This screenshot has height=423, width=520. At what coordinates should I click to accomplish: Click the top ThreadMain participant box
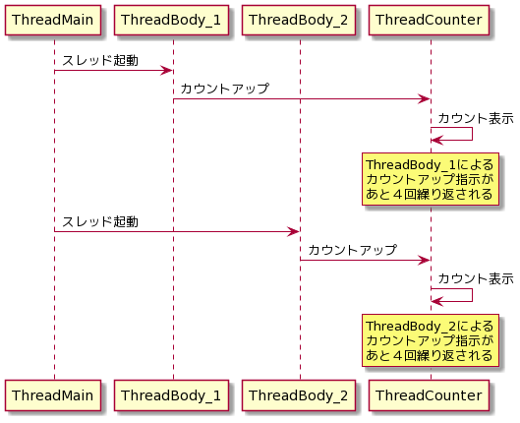click(53, 20)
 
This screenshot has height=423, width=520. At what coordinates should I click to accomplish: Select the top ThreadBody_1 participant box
click(171, 20)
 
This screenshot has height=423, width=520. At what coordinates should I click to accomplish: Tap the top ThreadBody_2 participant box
click(299, 20)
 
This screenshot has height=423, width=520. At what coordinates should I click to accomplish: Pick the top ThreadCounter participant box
click(429, 20)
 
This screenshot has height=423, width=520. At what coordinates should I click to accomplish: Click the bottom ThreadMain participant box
click(53, 395)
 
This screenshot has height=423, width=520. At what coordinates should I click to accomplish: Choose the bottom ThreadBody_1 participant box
click(171, 395)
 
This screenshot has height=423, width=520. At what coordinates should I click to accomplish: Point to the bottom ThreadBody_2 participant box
click(299, 395)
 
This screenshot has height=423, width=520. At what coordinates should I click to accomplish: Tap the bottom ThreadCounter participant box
click(429, 395)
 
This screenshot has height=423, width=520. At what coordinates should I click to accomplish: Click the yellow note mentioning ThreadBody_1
click(431, 179)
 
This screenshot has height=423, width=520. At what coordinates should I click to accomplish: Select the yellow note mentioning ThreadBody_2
click(431, 340)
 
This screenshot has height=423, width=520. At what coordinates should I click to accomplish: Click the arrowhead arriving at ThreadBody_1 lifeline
click(166, 70)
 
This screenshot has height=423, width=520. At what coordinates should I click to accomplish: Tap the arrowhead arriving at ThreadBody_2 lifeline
click(294, 231)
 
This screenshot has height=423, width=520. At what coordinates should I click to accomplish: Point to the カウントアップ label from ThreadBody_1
click(225, 89)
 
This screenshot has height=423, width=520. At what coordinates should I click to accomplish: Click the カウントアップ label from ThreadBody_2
click(352, 250)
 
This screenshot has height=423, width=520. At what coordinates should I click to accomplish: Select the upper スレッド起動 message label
click(100, 60)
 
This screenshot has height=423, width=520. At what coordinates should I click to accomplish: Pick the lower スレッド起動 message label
click(100, 221)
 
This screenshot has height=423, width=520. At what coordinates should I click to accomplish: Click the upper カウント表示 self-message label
click(476, 118)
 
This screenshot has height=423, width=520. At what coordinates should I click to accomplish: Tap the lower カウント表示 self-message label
click(476, 279)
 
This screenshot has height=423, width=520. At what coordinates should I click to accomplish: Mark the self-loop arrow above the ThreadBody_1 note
click(472, 134)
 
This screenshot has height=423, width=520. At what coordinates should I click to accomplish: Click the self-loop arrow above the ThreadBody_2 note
click(472, 295)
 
